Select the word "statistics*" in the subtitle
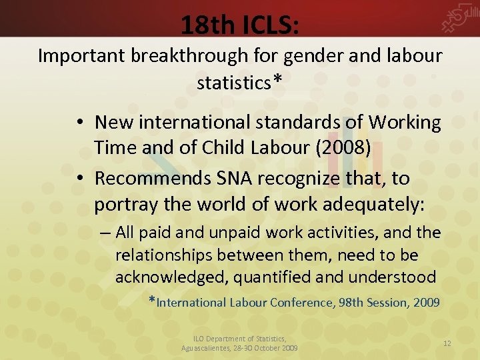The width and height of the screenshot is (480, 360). point(239,83)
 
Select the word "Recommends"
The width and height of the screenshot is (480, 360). point(151,179)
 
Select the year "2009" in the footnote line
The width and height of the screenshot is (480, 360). point(427,303)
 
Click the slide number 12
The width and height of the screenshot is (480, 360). point(447,343)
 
